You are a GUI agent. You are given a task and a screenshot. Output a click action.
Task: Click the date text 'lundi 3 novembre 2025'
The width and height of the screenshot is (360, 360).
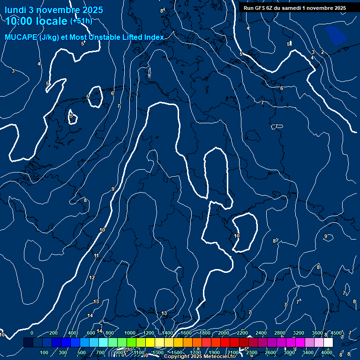pyautogui.click(x=54, y=10)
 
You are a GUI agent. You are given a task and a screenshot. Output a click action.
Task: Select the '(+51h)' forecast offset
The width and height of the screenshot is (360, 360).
pyautogui.click(x=81, y=21)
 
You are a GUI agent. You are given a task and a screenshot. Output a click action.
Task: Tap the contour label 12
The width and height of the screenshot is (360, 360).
pyautogui.click(x=92, y=278)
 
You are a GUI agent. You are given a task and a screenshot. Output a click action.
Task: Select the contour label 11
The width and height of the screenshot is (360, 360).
pyautogui.click(x=96, y=256)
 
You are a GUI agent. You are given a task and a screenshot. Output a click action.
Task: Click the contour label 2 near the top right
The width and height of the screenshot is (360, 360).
pyautogui.click(x=322, y=52)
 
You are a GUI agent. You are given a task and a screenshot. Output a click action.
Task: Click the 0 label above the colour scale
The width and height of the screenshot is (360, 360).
pyautogui.click(x=31, y=333)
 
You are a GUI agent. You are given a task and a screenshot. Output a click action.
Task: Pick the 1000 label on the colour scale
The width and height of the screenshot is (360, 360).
pyautogui.click(x=130, y=333)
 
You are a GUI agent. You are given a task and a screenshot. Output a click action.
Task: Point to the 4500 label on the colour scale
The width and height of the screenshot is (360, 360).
pyautogui.click(x=336, y=333)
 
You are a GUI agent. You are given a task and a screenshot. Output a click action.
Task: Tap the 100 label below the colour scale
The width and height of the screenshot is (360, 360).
pyautogui.click(x=44, y=352)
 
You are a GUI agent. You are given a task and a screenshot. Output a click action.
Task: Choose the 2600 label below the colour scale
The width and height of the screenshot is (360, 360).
pyautogui.click(x=270, y=352)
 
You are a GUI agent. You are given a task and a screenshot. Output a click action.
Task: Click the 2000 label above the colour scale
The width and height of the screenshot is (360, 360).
pyautogui.click(x=224, y=333)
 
